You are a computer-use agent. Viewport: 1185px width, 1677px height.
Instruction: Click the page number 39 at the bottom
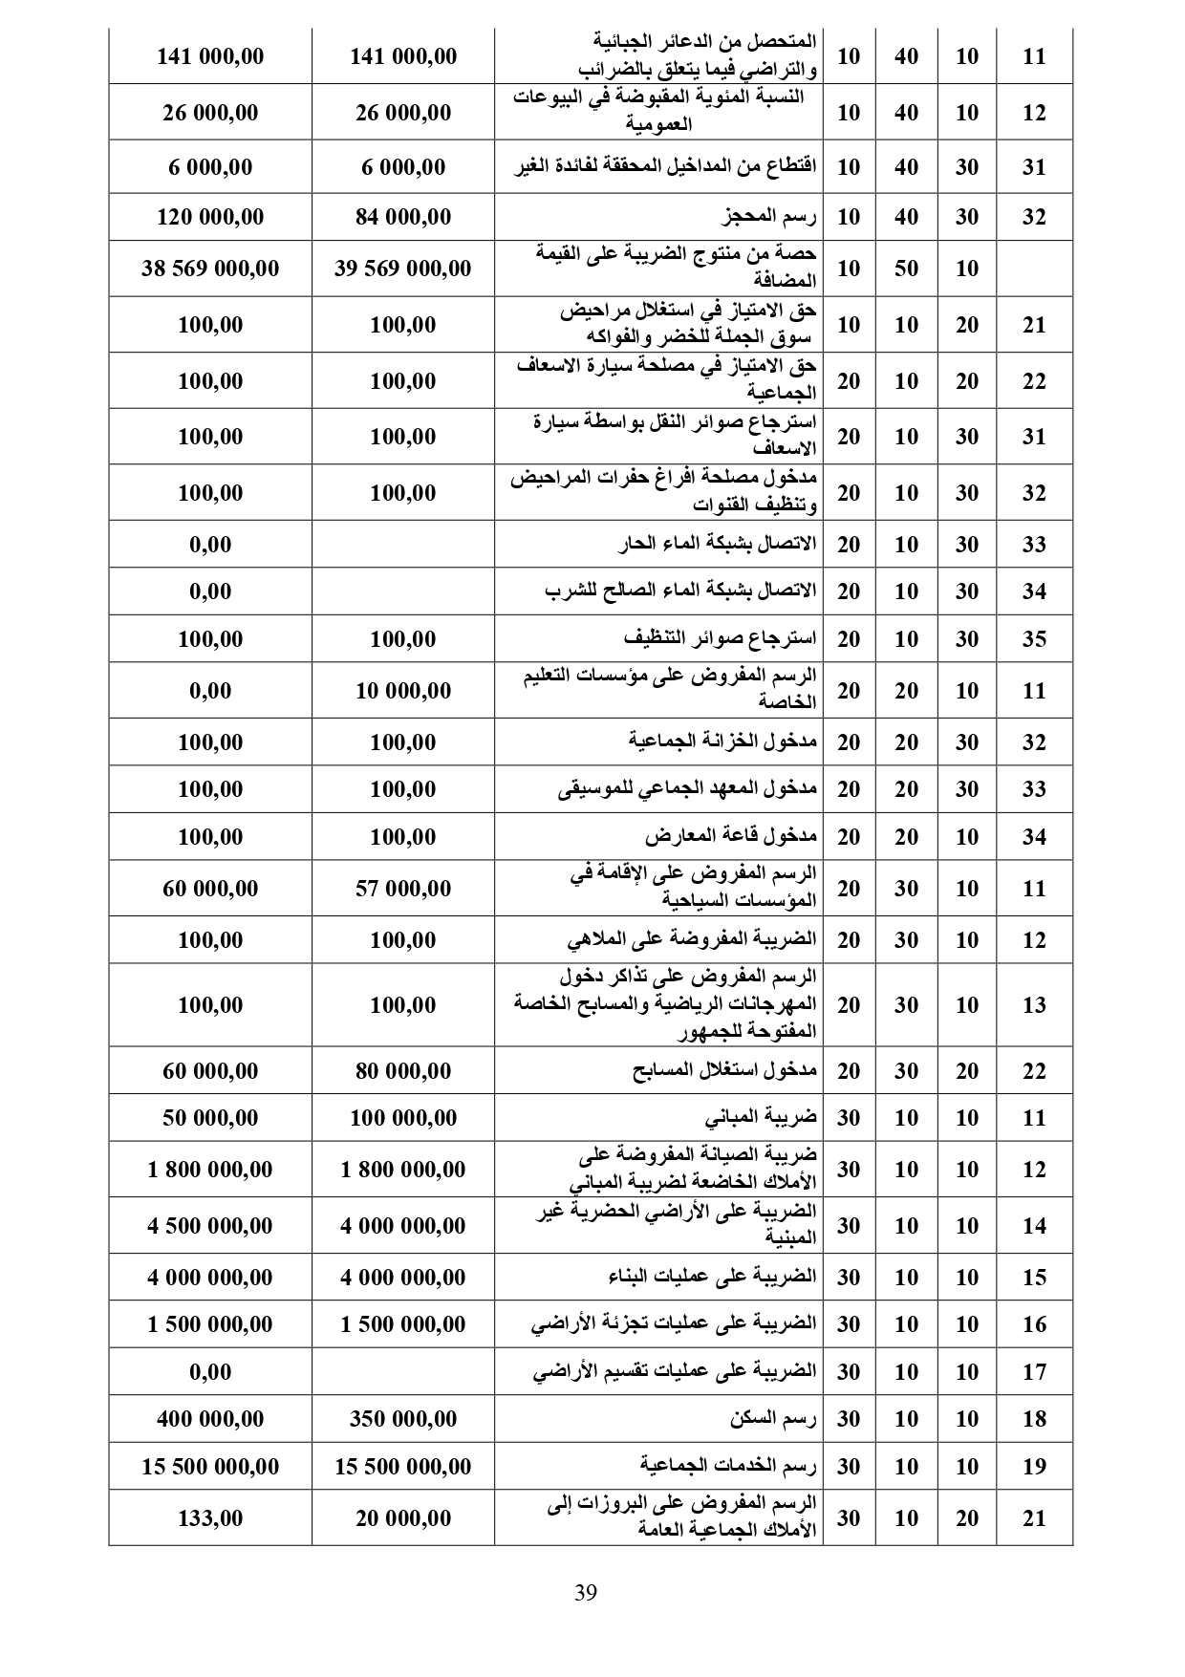click(586, 1592)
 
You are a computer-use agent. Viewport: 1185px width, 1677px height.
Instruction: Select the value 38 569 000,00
click(210, 269)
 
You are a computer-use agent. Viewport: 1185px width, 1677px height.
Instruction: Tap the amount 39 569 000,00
click(402, 269)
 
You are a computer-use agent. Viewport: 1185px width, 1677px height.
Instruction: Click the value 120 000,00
click(210, 217)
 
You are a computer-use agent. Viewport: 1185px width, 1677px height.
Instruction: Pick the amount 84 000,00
click(402, 217)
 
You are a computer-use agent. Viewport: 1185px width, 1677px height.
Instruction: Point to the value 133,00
click(210, 1517)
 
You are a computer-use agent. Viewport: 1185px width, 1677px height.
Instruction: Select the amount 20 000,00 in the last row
click(402, 1517)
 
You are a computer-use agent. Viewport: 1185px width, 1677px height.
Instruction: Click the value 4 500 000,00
click(210, 1226)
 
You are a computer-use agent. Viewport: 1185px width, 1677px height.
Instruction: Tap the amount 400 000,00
click(210, 1419)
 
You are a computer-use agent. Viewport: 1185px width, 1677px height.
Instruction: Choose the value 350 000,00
click(402, 1419)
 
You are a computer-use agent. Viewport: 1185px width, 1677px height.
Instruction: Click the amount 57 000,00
click(402, 889)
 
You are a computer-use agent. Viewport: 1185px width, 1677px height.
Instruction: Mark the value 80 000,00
click(402, 1071)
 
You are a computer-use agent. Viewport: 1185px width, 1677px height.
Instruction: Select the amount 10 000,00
click(402, 690)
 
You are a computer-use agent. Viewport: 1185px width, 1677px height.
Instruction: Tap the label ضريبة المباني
click(762, 1118)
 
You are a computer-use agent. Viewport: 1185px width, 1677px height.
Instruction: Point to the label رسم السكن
click(774, 1419)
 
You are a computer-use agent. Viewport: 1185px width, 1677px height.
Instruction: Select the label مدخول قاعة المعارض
click(730, 837)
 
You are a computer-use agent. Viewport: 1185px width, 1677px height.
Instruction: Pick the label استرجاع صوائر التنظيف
click(720, 638)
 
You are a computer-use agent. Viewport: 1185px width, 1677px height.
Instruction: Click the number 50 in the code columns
click(906, 269)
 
